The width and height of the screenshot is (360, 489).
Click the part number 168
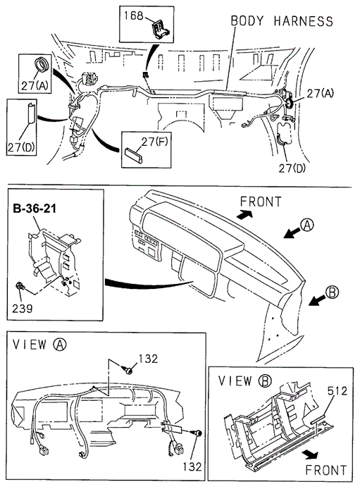tap(133, 16)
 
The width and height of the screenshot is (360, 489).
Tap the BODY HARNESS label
tap(282, 21)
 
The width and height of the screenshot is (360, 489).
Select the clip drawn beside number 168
tap(160, 28)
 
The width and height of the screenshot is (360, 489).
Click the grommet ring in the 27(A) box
tap(41, 63)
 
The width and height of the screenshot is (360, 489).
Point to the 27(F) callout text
tap(154, 142)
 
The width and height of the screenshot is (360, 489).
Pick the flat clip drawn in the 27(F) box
tap(134, 155)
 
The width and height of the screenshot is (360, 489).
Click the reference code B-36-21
tap(35, 209)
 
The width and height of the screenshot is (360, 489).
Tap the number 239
tap(22, 309)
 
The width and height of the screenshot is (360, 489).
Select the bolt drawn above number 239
tap(20, 285)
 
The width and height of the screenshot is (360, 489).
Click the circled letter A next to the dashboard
tap(307, 225)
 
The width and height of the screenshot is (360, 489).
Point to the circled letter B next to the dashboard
tap(332, 292)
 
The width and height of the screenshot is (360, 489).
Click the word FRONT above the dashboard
tap(261, 202)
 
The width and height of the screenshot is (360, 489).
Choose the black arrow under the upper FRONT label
tap(244, 214)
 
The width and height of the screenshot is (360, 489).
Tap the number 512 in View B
tap(337, 391)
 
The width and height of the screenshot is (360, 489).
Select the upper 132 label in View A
tap(148, 359)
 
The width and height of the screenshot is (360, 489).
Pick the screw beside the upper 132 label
tap(128, 371)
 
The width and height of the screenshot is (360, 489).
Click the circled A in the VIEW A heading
tap(60, 345)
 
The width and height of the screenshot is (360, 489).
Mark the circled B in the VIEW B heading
tap(265, 380)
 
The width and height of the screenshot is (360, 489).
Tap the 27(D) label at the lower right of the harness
tap(292, 168)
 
